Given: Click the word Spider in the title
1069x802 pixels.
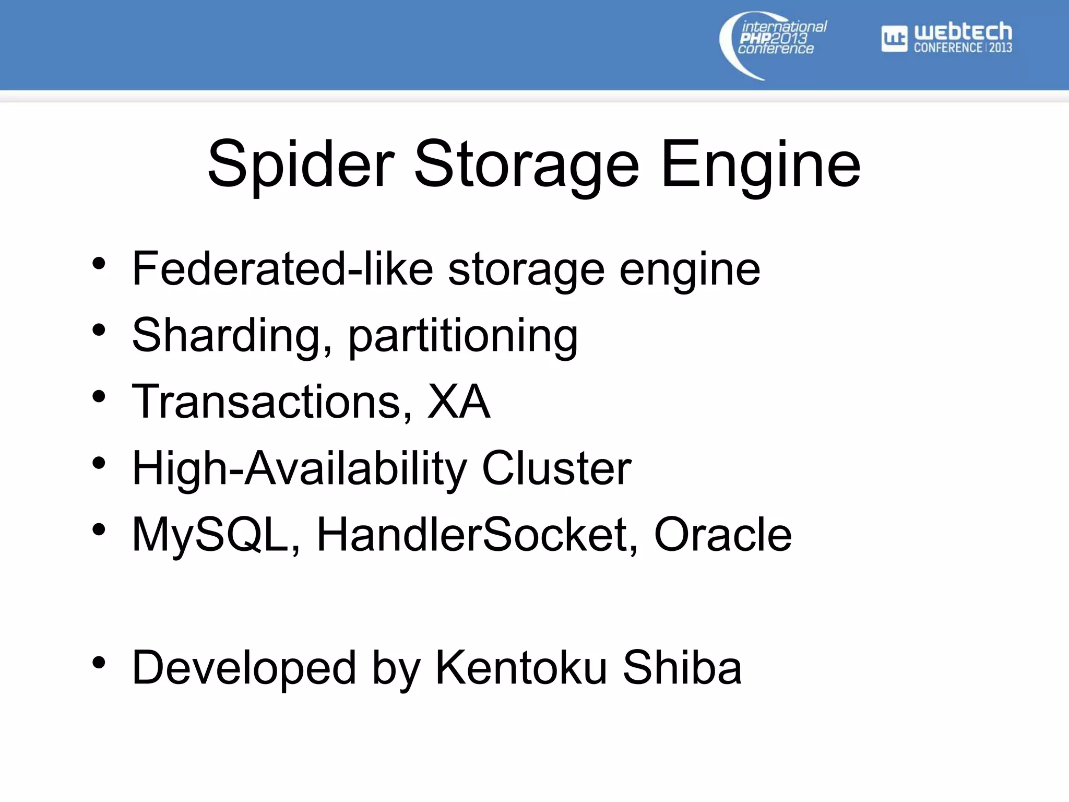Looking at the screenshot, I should tap(301, 165).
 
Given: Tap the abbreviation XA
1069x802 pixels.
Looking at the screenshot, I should tap(459, 402).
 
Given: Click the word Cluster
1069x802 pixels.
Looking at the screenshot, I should tap(556, 468).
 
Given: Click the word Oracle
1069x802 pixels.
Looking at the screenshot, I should tap(722, 535).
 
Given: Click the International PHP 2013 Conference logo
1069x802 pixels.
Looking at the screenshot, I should tap(773, 45).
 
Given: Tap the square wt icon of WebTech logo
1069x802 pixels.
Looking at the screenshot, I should tap(894, 39).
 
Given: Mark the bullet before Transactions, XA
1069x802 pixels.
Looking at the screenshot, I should tap(99, 397).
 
